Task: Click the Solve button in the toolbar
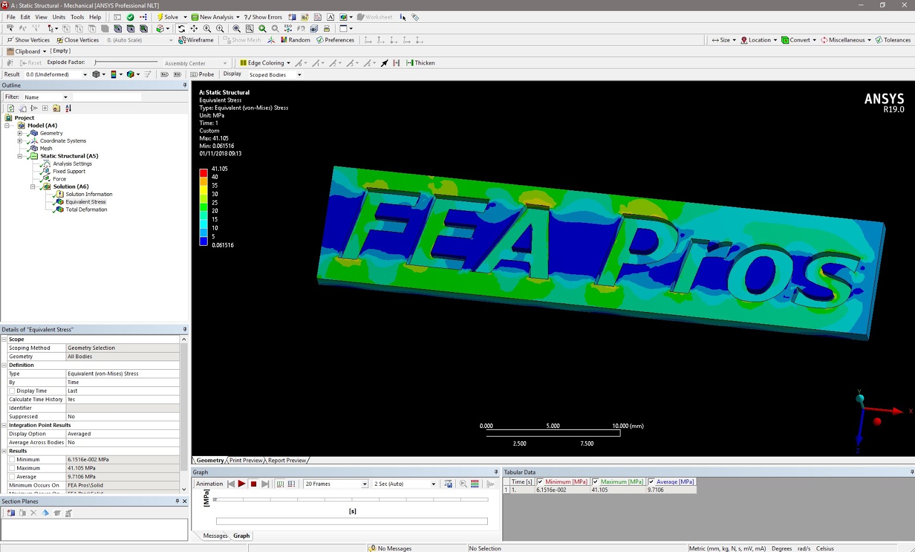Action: [x=168, y=17]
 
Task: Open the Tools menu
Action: [x=77, y=17]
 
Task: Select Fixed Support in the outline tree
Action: [x=69, y=171]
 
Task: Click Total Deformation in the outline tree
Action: [x=86, y=210]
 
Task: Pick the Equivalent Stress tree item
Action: [x=85, y=202]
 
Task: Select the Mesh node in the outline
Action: [x=46, y=149]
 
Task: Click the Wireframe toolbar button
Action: [x=196, y=40]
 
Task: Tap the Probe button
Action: [x=202, y=74]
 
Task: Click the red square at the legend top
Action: [x=203, y=173]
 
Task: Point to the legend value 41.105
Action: [x=220, y=169]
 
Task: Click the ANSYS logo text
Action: [x=884, y=99]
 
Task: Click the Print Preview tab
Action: [x=246, y=461]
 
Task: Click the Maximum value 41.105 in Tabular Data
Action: [x=600, y=490]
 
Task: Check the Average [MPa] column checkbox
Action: [x=651, y=482]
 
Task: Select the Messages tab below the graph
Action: [x=215, y=536]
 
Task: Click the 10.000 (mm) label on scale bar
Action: [x=627, y=426]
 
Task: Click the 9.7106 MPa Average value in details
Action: [x=82, y=477]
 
